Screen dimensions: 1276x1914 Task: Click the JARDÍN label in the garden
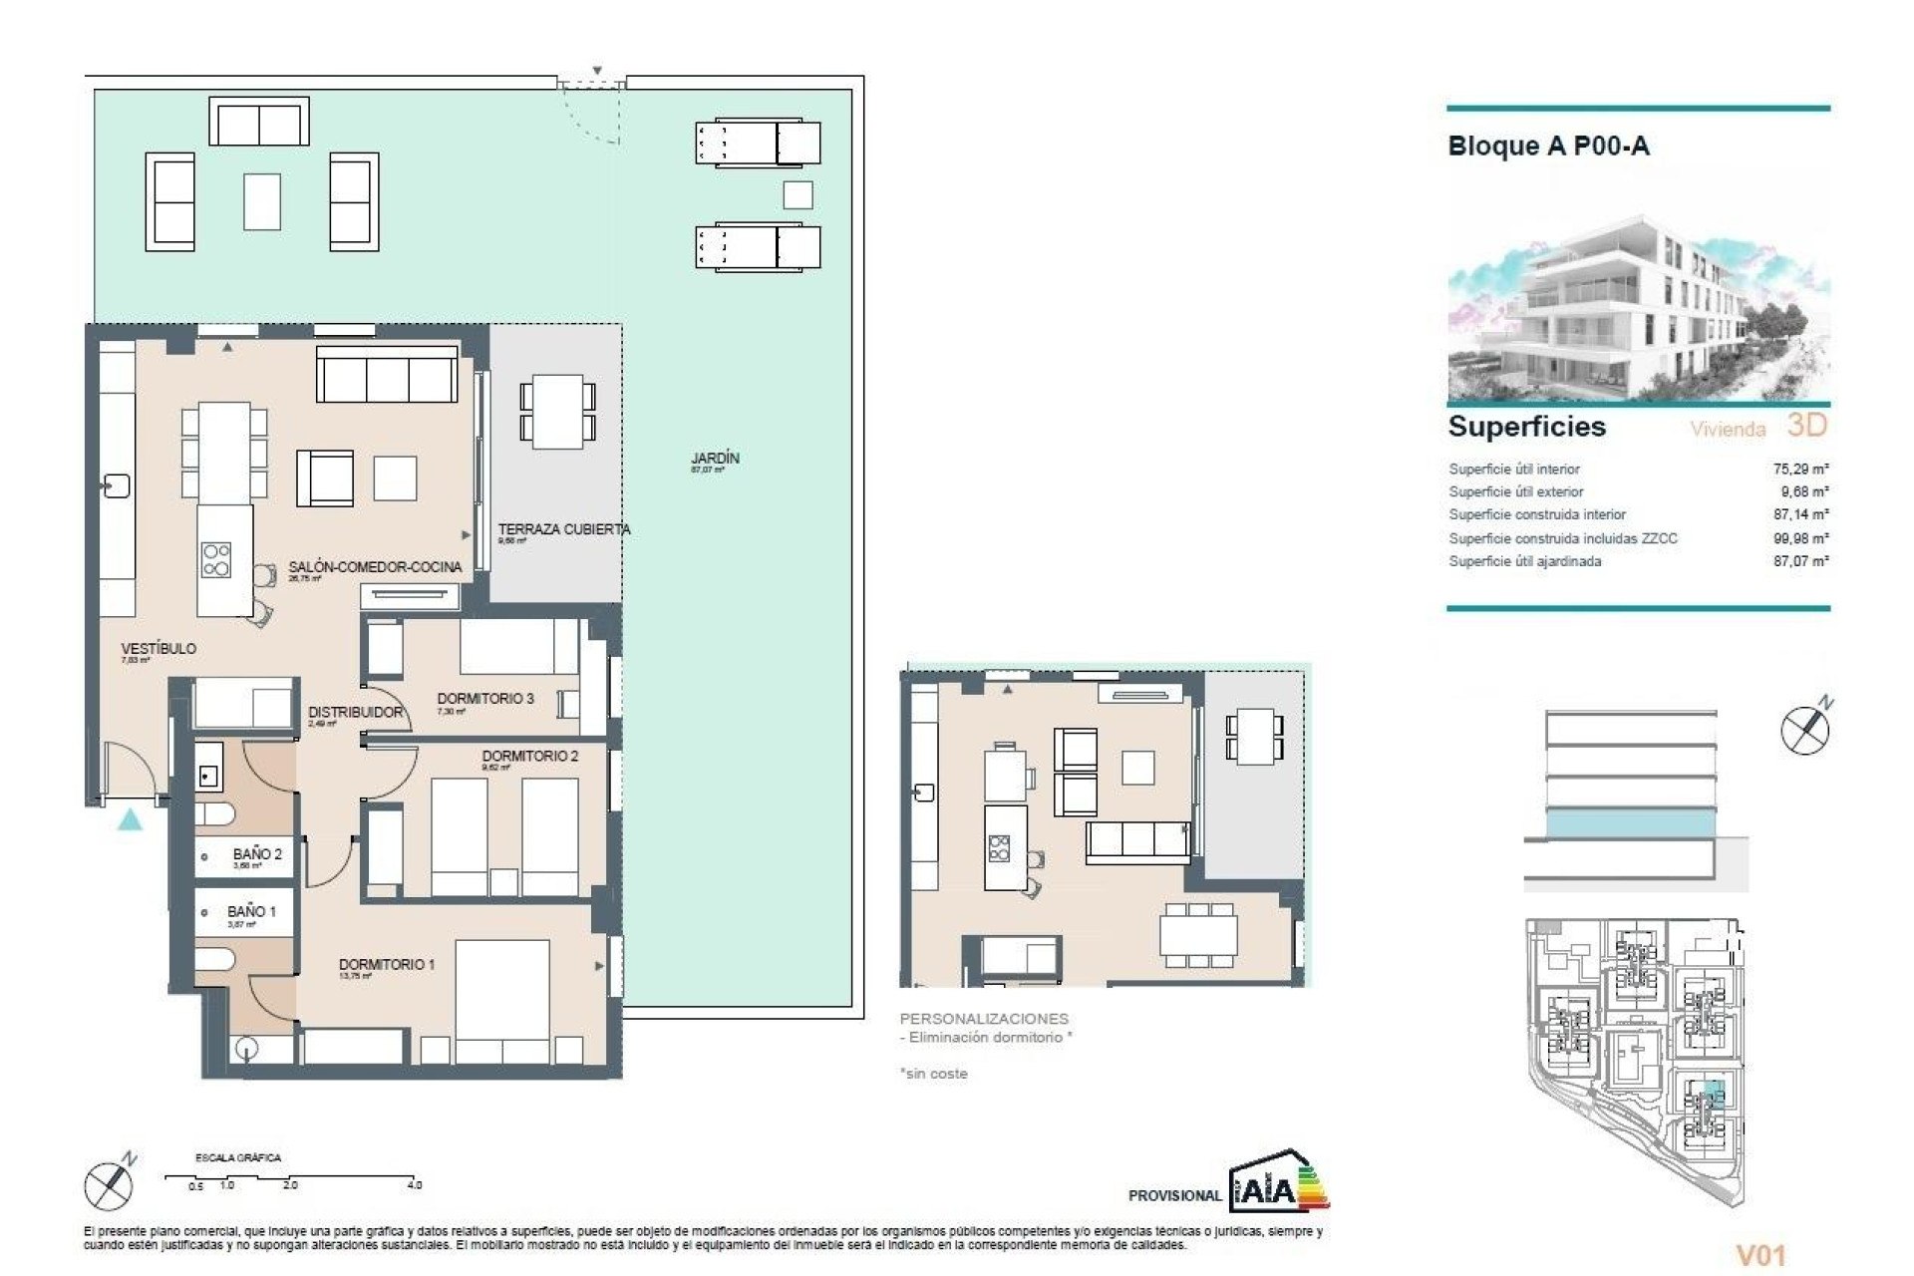(x=715, y=459)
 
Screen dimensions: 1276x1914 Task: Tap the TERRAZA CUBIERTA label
(x=563, y=529)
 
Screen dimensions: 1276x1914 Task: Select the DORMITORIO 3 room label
(x=485, y=699)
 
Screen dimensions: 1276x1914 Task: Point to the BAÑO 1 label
(x=251, y=911)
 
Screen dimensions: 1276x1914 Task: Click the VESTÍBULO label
(x=159, y=648)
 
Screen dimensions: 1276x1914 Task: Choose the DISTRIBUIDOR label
(x=355, y=712)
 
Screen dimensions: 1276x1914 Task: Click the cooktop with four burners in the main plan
(x=216, y=559)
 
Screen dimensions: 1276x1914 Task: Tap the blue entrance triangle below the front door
(x=130, y=820)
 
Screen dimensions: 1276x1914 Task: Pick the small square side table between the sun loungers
(x=797, y=194)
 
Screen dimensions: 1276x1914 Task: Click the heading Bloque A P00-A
(x=1548, y=147)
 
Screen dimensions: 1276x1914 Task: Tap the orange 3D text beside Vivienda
(x=1806, y=426)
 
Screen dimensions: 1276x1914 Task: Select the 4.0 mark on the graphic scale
(x=415, y=1185)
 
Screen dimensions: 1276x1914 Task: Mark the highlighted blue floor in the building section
(x=1630, y=823)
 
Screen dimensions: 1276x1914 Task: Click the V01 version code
(x=1760, y=1255)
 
